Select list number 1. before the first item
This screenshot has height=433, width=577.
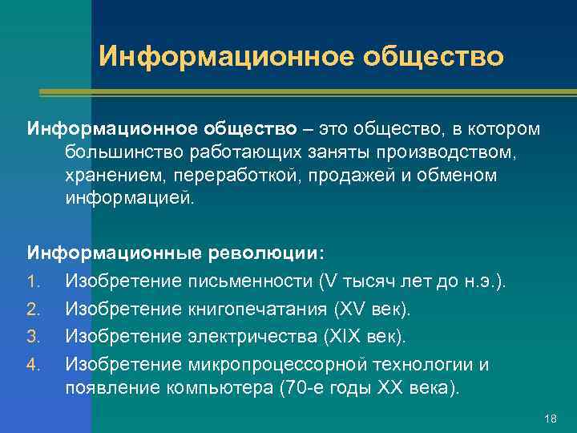(x=34, y=281)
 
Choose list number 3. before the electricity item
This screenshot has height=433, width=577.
(x=34, y=336)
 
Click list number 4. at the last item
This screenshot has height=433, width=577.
(x=34, y=364)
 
